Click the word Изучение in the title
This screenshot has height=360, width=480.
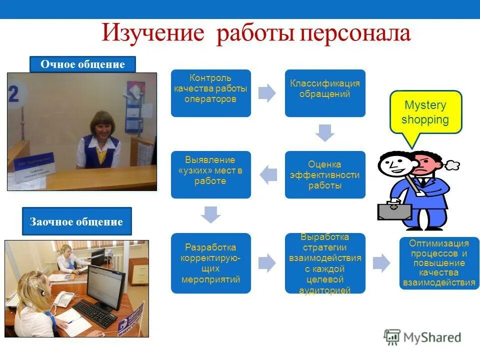coord(153,33)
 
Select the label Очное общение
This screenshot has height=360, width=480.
coord(82,64)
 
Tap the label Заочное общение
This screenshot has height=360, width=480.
coord(76,221)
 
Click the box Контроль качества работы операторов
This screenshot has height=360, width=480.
coord(210,93)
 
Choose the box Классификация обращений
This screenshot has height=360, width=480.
coord(325,93)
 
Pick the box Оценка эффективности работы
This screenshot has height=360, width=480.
coord(325,174)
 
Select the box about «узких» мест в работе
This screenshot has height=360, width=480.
coord(210,174)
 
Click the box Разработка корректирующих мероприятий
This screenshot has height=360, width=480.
coord(210,263)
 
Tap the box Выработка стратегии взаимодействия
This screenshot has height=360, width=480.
coord(325,263)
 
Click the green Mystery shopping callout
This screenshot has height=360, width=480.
coord(425,112)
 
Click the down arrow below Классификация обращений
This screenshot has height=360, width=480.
coord(325,133)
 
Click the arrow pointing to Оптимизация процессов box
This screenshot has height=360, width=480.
coord(381,263)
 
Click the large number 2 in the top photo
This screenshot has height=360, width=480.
coord(13,93)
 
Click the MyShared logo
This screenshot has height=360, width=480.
coord(422,338)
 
